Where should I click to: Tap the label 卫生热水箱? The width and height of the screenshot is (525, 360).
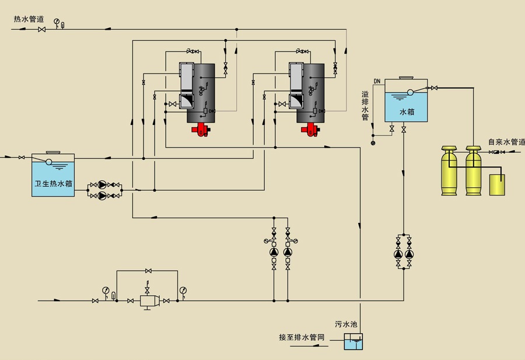pos(52,183)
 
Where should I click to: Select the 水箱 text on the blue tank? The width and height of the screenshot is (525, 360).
pos(406,112)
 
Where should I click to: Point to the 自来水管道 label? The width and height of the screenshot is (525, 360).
pos(506,142)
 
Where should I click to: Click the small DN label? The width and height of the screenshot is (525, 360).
pos(376,81)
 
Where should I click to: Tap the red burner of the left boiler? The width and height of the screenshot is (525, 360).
pos(202,130)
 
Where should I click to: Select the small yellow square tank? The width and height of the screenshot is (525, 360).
pos(496,185)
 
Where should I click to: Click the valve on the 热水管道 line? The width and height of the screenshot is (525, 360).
pos(41,30)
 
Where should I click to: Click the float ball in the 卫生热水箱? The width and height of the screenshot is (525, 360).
pos(48,162)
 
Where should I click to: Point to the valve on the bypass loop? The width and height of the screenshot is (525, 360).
pos(149,271)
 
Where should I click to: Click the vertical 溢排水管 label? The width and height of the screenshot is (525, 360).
pos(365,106)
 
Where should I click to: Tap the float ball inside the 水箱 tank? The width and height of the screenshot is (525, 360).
pos(410,92)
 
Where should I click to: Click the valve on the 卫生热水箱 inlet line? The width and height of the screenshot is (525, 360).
pos(22,158)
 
